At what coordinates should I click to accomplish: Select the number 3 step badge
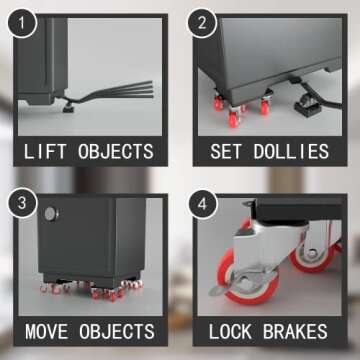22,202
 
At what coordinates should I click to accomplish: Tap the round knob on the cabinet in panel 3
52,213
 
